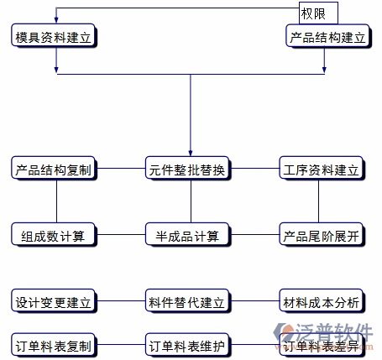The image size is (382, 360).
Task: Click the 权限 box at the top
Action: (318, 12)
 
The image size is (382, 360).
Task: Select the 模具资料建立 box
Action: (55, 37)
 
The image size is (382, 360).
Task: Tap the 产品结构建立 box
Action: (327, 37)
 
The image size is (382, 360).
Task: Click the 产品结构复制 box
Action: (55, 169)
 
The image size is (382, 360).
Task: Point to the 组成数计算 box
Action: (55, 235)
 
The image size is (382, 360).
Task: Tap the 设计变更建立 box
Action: (55, 301)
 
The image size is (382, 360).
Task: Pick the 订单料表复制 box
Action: (55, 345)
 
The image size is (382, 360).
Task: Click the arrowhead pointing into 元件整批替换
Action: (191, 152)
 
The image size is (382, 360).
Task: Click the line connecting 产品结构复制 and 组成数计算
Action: (56, 201)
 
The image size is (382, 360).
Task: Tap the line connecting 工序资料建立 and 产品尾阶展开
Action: (318, 201)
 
